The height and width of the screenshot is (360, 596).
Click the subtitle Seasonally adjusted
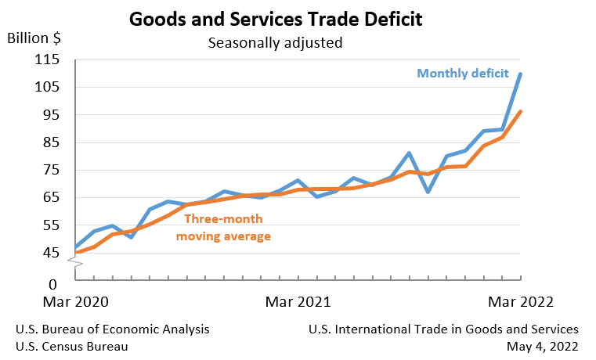(275, 42)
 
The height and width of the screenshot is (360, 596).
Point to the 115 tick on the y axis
(49, 59)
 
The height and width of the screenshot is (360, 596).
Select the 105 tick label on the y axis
(49, 87)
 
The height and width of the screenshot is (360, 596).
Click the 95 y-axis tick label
(52, 114)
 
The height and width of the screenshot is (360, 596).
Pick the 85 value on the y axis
(52, 142)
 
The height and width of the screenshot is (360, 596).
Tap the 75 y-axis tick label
(52, 170)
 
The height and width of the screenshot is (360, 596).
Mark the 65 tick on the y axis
(52, 197)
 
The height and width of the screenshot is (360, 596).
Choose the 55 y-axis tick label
(52, 225)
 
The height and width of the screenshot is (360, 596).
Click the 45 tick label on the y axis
(52, 253)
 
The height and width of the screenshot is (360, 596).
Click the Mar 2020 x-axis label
(75, 301)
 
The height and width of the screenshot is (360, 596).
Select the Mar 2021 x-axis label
(298, 301)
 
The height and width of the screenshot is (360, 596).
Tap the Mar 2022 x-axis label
(521, 301)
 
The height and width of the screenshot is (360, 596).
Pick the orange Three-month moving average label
(223, 228)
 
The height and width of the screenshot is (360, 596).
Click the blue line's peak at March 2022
(521, 74)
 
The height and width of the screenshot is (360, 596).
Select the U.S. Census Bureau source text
(71, 346)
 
